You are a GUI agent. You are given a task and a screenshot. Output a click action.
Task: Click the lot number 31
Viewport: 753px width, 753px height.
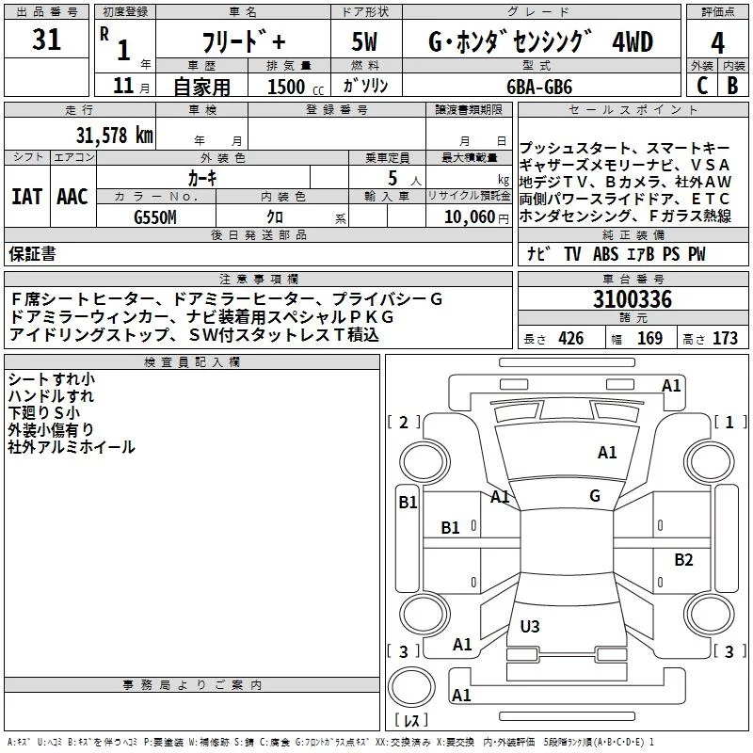pyautogui.click(x=46, y=40)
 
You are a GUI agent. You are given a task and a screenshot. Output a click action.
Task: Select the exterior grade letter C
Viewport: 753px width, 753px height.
pyautogui.click(x=701, y=85)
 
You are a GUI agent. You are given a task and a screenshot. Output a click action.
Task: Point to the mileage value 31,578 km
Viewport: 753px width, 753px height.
pyautogui.click(x=114, y=135)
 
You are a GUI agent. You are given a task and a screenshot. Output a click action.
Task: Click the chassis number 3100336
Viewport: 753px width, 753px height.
pyautogui.click(x=633, y=301)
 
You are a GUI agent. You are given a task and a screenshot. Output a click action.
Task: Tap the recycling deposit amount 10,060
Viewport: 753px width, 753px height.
pyautogui.click(x=463, y=216)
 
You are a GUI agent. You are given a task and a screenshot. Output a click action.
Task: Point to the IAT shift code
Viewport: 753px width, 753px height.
pyautogui.click(x=26, y=197)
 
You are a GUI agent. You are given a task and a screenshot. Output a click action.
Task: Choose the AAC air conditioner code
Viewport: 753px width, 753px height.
pyautogui.click(x=72, y=197)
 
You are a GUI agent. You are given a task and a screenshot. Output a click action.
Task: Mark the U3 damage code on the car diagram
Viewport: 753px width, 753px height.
pyautogui.click(x=530, y=626)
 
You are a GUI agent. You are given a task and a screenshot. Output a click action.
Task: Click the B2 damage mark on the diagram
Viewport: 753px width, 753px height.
pyautogui.click(x=683, y=560)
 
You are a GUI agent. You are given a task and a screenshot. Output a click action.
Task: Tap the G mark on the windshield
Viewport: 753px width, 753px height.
pyautogui.click(x=594, y=495)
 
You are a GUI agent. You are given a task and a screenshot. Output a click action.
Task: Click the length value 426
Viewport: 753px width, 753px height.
pyautogui.click(x=570, y=339)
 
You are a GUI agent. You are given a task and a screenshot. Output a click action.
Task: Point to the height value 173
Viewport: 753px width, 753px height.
pyautogui.click(x=725, y=339)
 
